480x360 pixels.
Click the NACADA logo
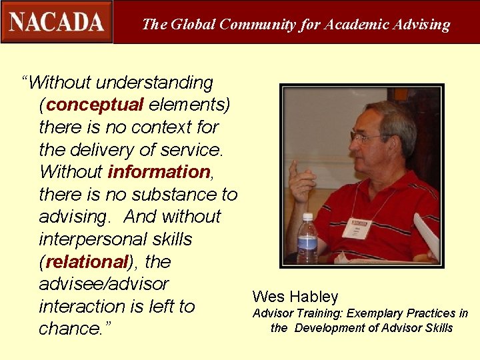[57, 22]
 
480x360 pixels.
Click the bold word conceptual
[95, 105]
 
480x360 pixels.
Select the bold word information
[159, 171]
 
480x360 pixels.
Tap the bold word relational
[86, 261]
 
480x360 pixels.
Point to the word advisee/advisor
[104, 284]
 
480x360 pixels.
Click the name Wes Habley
[295, 297]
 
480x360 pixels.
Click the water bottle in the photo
[307, 238]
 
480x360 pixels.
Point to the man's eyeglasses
[368, 137]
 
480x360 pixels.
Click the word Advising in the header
[421, 25]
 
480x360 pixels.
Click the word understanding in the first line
[155, 83]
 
